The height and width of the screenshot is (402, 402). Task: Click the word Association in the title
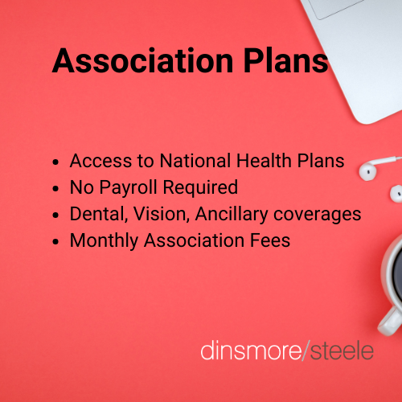(142, 60)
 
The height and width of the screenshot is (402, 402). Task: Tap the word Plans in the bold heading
(285, 60)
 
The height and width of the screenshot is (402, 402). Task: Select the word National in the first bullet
(195, 161)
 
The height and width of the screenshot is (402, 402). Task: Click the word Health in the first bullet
(264, 161)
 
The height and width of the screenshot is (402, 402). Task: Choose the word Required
(200, 187)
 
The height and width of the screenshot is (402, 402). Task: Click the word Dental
(99, 215)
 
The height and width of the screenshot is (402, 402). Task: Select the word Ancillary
(232, 215)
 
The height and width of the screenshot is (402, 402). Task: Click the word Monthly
(104, 240)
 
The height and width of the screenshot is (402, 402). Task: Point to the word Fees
(270, 240)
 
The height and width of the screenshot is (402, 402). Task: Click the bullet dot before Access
(55, 162)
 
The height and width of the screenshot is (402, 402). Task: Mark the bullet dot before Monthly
(55, 242)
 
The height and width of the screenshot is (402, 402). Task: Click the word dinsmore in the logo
(251, 351)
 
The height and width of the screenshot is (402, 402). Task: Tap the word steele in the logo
(342, 351)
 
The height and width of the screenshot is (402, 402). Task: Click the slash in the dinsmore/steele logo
(306, 350)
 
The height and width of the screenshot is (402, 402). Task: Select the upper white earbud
(367, 171)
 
